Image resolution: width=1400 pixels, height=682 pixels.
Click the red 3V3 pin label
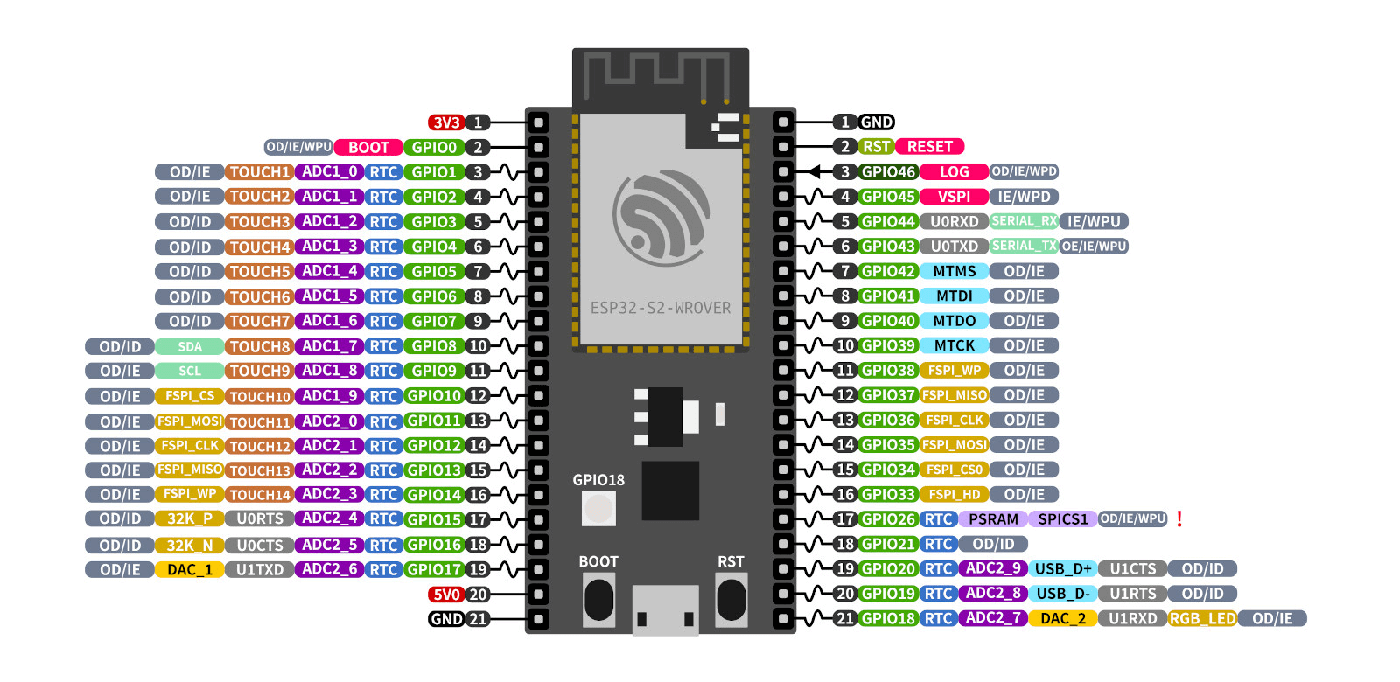pos(445,122)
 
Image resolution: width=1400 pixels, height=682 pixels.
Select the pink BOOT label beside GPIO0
pos(368,147)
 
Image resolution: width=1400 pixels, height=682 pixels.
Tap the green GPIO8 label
pos(434,346)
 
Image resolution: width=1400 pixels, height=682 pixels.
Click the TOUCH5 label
pos(259,272)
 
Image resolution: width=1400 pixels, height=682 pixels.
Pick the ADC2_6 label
pos(329,569)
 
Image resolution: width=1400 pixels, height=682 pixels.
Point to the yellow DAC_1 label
pos(190,570)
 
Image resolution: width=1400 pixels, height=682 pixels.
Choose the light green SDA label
pos(190,347)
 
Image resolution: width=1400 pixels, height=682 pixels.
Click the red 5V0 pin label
pos(445,595)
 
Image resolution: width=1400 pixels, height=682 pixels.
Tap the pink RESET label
pos(929,147)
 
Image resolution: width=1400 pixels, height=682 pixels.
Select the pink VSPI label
pos(954,197)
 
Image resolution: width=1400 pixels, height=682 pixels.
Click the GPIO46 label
pos(887,172)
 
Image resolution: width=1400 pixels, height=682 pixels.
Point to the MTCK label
pos(954,346)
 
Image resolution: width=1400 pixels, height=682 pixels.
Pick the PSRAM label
pos(993,519)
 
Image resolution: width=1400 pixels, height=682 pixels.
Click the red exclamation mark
pos(1179,519)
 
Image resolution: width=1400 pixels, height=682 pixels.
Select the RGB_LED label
pos(1202,619)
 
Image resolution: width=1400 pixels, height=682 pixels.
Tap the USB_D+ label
pos(1063,569)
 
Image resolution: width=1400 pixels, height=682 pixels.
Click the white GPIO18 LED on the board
pos(598,508)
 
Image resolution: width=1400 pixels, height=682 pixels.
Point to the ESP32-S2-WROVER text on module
pos(660,308)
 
